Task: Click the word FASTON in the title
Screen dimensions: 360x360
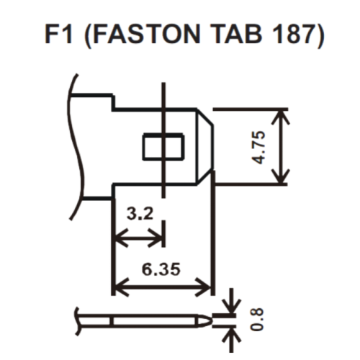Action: point(146,34)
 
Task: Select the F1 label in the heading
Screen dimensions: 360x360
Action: point(59,34)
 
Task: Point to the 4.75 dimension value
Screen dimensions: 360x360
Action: point(259,148)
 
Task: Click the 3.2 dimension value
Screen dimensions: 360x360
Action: point(140,213)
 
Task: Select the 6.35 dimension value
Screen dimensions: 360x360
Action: point(161,269)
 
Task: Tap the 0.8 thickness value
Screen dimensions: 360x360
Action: point(257,320)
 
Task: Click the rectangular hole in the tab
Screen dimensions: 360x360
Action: point(163,146)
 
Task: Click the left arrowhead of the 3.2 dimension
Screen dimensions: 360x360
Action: point(121,238)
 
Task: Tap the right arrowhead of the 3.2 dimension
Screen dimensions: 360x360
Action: point(156,238)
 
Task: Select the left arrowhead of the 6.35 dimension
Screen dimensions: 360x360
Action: point(121,287)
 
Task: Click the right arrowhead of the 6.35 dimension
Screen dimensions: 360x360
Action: point(204,287)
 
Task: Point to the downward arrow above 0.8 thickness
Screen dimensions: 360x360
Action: point(231,301)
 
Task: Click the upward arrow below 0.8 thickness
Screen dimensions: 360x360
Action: point(231,341)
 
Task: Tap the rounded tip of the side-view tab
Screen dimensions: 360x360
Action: point(207,320)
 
